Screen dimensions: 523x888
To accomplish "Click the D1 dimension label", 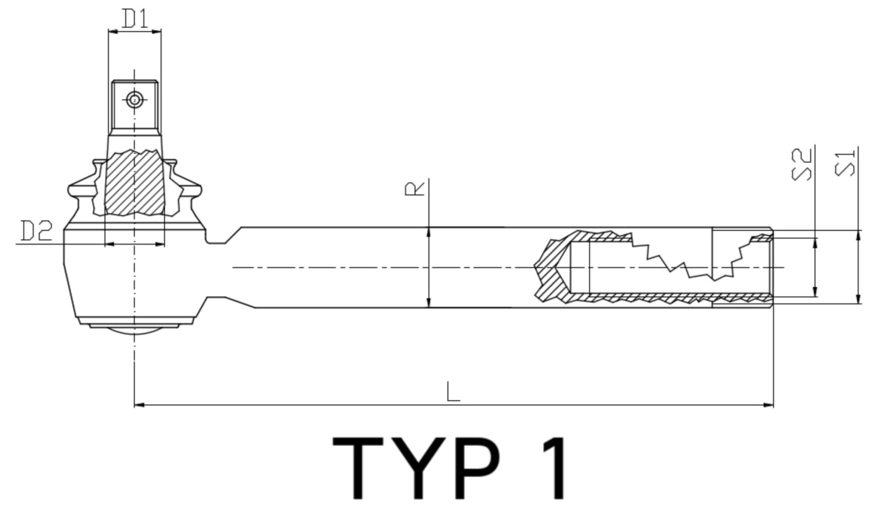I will pyautogui.click(x=135, y=19).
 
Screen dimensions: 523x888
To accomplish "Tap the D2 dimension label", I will pyautogui.click(x=36, y=232).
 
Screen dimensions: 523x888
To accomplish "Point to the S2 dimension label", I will pyautogui.click(x=803, y=164).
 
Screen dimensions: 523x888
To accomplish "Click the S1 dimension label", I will pyautogui.click(x=845, y=163).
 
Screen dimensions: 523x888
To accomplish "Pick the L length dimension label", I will pyautogui.click(x=454, y=392).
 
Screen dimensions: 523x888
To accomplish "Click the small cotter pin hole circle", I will pyautogui.click(x=134, y=99).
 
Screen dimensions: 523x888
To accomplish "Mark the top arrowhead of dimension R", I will pyautogui.click(x=429, y=232).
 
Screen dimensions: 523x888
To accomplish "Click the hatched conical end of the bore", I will pyautogui.click(x=551, y=270).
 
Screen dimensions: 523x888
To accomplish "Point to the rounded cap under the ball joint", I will pyautogui.click(x=135, y=334).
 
